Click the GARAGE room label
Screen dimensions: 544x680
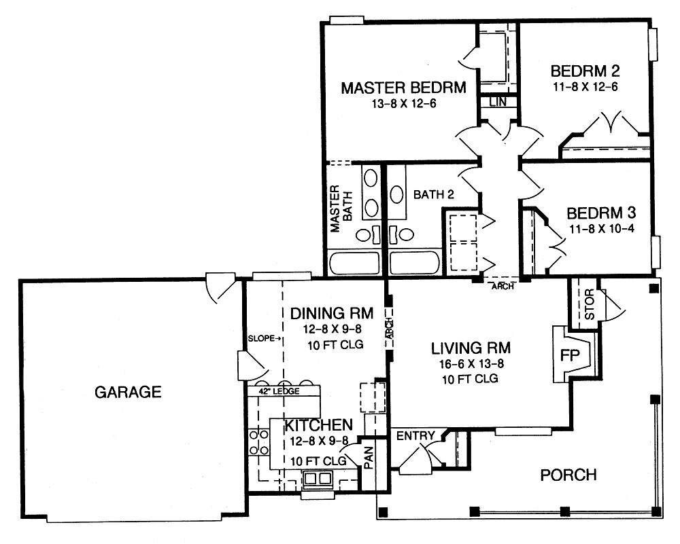(x=128, y=392)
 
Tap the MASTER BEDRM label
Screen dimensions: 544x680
(x=403, y=88)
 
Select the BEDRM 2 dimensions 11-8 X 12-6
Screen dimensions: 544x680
(x=585, y=87)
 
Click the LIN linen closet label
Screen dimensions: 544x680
(x=498, y=102)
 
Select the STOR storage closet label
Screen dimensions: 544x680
(x=590, y=306)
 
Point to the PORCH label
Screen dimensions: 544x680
(x=568, y=475)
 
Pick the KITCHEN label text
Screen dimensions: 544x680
(x=318, y=425)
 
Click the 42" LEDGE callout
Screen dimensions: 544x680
(x=274, y=391)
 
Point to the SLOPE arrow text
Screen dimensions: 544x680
(x=265, y=338)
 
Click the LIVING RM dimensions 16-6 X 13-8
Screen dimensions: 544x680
(x=471, y=364)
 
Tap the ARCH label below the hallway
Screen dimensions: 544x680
(x=502, y=287)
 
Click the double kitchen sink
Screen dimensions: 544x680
(x=317, y=479)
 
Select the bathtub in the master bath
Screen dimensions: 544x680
(x=354, y=262)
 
